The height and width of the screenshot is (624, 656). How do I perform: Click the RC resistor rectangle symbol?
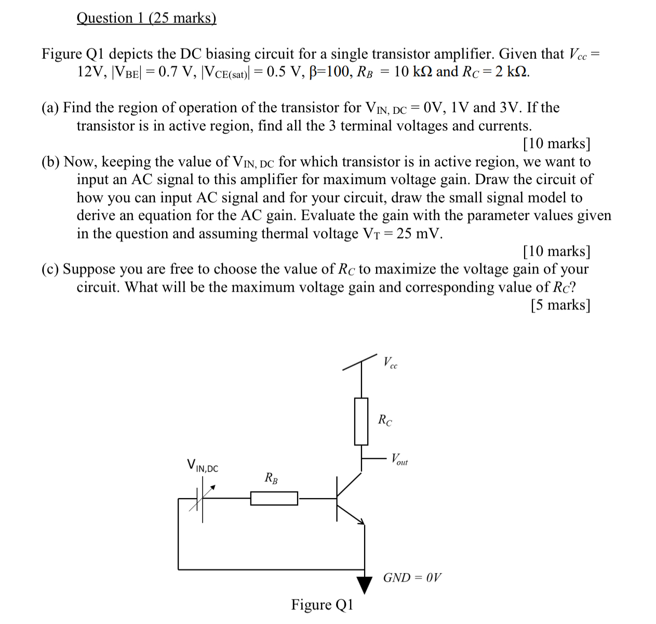pos(361,421)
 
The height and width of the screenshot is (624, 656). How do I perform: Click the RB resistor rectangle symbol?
pos(274,499)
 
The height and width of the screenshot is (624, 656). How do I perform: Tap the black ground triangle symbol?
pos(365,584)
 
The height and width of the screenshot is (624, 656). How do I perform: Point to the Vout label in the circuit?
pos(399,459)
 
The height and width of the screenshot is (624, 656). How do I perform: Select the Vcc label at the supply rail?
pos(390,362)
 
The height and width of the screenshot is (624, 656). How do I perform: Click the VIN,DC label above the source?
pos(203,465)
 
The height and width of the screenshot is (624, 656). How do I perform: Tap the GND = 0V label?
pos(412,578)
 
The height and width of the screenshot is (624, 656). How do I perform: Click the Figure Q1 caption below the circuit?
pos(322,605)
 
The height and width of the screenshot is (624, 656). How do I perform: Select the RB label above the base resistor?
pos(271,478)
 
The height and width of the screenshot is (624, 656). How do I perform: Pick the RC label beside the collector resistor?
pos(385,420)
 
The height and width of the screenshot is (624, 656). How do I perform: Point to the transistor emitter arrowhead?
pos(362,522)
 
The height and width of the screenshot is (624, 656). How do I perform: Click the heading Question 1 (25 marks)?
pos(146,18)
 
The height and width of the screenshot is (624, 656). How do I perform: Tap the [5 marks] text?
pos(560,305)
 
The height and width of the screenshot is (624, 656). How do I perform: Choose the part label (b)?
pos(51,162)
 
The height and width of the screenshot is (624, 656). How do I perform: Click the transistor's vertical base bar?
pos(337,498)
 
